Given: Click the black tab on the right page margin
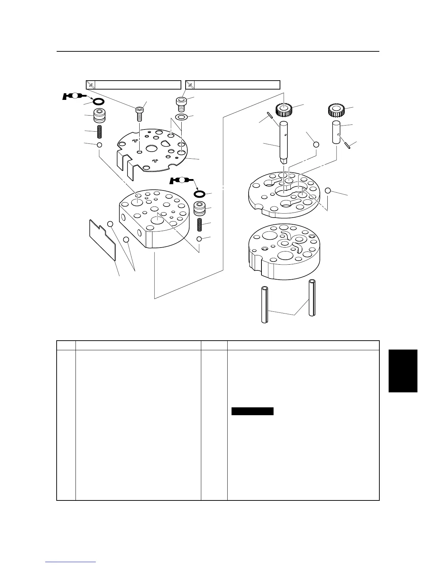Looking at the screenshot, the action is point(403,371).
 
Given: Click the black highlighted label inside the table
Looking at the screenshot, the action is point(253,411).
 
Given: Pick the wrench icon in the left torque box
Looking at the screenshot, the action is point(91,85).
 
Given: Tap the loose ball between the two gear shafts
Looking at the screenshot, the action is point(316,144).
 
